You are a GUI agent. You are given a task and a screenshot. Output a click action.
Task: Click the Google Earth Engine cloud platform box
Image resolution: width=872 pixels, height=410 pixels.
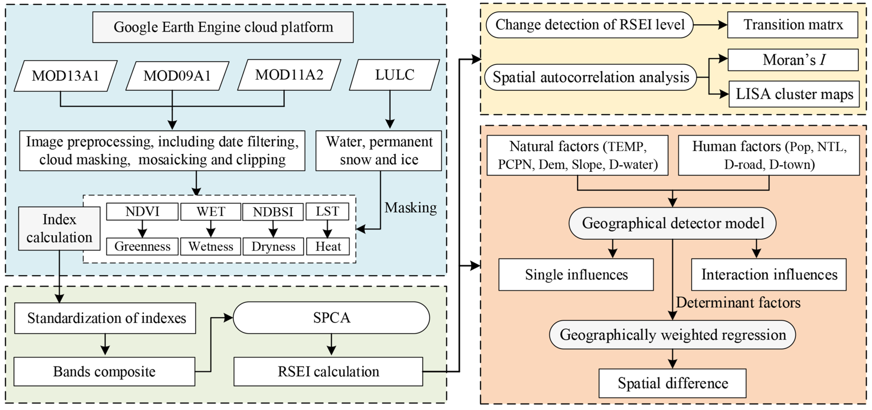223,27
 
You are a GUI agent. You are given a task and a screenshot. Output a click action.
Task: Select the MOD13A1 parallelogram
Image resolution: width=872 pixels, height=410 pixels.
65,76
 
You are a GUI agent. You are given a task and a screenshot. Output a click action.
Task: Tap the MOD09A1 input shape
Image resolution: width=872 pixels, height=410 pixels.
177,76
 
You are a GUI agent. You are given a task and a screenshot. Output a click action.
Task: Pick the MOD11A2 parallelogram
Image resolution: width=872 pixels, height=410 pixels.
289,75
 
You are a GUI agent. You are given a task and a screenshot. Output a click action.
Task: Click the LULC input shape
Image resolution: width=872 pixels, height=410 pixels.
394,75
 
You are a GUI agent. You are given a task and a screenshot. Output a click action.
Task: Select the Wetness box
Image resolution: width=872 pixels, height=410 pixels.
211,246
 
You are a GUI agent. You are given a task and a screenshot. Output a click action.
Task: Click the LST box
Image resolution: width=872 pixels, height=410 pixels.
327,211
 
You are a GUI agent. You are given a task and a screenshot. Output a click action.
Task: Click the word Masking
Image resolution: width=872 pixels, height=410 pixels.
410,207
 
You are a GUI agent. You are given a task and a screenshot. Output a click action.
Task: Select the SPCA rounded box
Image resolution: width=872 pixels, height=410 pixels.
331,318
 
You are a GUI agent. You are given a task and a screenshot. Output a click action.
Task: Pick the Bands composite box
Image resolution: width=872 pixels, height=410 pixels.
104,372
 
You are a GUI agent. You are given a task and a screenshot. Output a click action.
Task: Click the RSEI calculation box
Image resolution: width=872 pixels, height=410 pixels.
328,372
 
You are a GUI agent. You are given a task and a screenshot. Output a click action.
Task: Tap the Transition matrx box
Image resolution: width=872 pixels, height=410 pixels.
792,25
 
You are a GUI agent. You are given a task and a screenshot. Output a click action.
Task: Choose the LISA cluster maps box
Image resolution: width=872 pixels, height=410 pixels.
794,94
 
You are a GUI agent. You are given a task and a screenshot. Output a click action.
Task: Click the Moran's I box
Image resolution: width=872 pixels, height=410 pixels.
793,60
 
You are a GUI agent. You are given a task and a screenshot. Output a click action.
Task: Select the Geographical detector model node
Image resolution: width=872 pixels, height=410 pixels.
672,223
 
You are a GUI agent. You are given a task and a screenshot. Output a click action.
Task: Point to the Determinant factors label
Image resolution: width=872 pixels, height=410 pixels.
738,302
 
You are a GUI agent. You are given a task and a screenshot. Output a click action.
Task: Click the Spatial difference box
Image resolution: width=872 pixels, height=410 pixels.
672,383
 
